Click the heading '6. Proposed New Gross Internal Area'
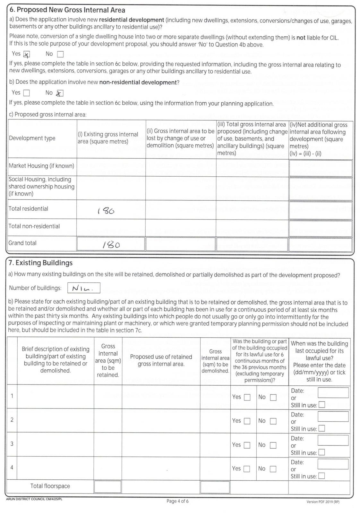pos(67,10)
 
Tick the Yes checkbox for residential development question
pos(27,54)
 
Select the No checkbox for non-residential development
pos(60,93)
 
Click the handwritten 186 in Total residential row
pos(106,211)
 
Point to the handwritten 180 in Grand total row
pos(111,245)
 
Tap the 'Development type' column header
pos(32,138)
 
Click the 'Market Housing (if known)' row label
pos(41,166)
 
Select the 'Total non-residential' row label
pos(34,226)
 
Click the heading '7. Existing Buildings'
pos(40,263)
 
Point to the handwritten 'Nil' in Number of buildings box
pos(82,288)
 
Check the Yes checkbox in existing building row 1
pos(247,397)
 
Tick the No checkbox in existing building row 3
pos(273,445)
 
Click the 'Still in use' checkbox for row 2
pos(321,428)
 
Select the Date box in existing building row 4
pos(333,464)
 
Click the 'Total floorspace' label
pos(50,486)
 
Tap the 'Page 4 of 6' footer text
pos(177,501)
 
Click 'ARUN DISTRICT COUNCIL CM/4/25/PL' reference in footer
pos(34,499)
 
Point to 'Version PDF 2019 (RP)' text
pos(322,502)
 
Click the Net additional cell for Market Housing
pos(321,168)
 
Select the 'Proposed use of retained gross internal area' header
pos(161,360)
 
